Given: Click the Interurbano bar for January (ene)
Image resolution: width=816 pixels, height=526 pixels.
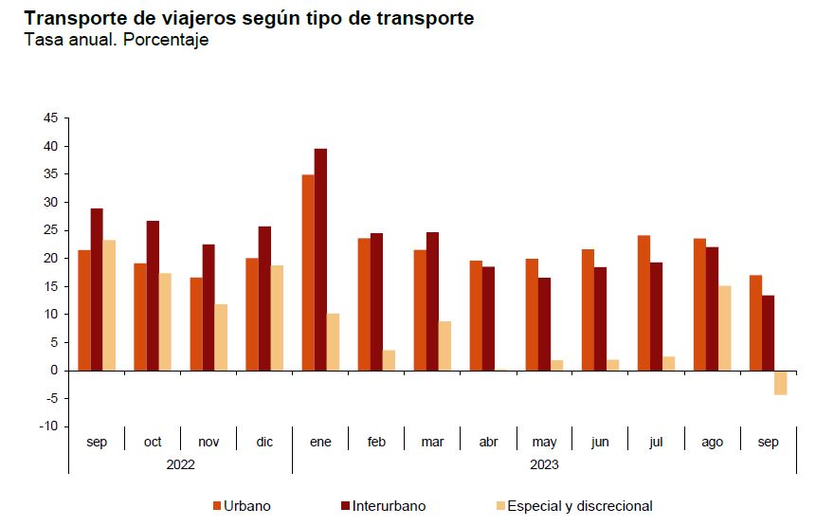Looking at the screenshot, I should click(320, 260).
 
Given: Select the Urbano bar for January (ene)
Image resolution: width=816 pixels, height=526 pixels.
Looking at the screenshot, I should click(308, 272).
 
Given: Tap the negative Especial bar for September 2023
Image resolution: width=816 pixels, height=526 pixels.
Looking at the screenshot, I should click(780, 382).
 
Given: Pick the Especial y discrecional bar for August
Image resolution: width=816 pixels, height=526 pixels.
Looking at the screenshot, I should click(724, 328).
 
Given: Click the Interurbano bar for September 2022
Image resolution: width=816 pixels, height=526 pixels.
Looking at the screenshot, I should click(97, 289).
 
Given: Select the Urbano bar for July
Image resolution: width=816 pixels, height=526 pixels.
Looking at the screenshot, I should click(644, 302).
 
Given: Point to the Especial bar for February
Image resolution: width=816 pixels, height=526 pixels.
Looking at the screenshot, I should click(389, 360).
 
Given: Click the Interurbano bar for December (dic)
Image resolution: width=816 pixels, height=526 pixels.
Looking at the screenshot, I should click(264, 299).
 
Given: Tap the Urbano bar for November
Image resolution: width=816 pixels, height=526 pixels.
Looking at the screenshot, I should click(196, 323).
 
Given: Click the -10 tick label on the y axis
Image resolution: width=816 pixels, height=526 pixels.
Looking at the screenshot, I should click(47, 426).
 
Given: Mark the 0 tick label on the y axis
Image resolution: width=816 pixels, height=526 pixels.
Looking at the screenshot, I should click(54, 371).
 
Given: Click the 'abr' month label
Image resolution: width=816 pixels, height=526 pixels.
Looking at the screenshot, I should click(489, 443).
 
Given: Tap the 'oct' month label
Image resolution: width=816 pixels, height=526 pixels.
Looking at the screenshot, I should click(153, 443).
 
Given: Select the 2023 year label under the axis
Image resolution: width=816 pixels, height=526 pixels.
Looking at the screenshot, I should click(544, 464).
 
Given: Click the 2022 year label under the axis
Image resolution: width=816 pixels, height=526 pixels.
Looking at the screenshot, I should click(180, 464).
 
